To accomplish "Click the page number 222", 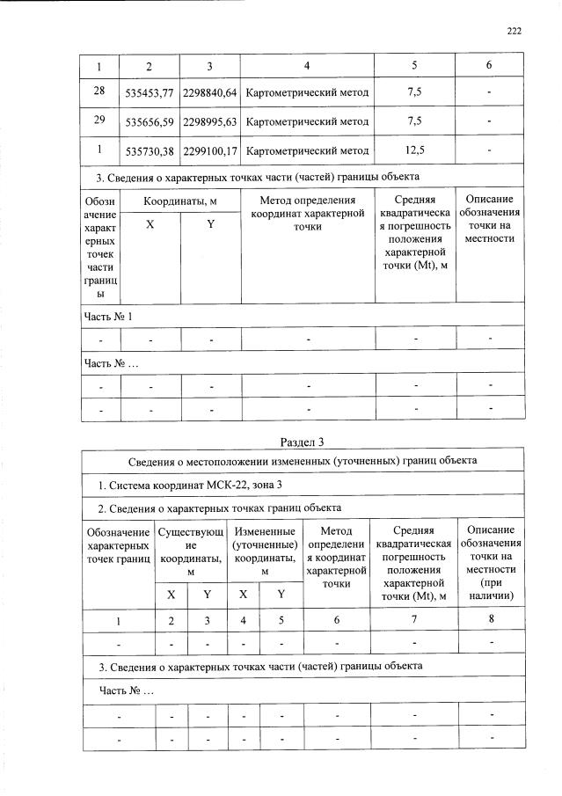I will (515, 31).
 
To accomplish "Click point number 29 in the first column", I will (100, 120).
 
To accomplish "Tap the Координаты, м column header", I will (180, 201).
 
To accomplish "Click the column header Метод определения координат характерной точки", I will (307, 213).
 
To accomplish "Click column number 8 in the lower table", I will (492, 619).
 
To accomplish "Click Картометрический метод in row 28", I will (307, 91).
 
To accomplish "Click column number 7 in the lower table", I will (414, 619).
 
